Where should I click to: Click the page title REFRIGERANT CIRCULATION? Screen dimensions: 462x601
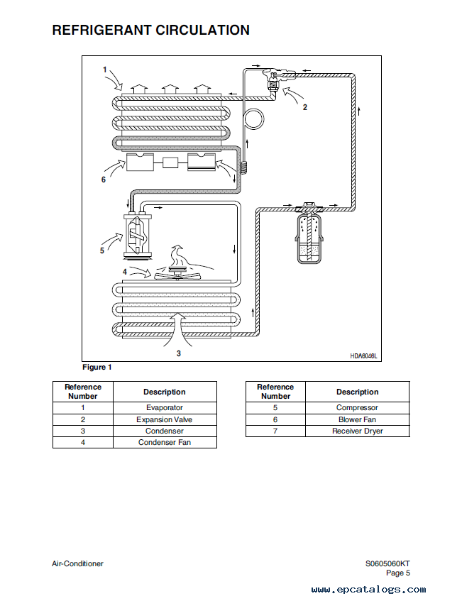(x=150, y=30)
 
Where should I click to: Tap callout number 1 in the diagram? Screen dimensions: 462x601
(x=104, y=70)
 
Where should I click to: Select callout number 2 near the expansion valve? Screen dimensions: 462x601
(x=304, y=107)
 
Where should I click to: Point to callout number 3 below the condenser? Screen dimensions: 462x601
(x=179, y=353)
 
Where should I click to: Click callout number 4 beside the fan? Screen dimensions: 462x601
(x=125, y=272)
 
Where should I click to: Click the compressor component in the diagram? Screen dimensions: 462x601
(x=137, y=236)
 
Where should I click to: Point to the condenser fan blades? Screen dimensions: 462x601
(x=177, y=274)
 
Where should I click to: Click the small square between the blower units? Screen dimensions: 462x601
(x=170, y=162)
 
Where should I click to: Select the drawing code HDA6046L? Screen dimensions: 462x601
(x=363, y=356)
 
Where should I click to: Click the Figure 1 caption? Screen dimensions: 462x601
(x=97, y=367)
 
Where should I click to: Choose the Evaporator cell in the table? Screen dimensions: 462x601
(x=165, y=408)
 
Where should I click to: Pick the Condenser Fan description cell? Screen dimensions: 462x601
(x=165, y=442)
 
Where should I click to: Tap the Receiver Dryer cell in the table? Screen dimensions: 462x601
(x=358, y=431)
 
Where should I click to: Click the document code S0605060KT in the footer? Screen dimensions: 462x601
(x=387, y=563)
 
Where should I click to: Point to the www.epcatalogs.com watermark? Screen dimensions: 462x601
(x=368, y=589)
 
